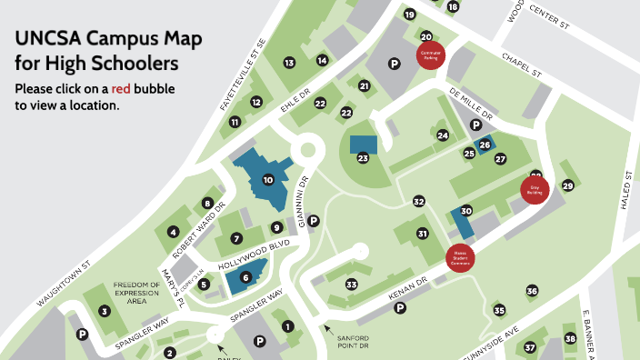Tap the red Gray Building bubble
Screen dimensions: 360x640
coord(535,189)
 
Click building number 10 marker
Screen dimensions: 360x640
coord(267,180)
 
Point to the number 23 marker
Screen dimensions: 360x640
coord(363,158)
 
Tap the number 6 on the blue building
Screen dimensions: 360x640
coord(245,276)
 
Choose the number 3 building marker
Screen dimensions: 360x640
coord(105,311)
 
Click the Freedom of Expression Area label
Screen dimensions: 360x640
coord(136,293)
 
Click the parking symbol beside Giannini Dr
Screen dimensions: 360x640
coord(314,221)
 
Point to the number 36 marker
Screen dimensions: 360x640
coord(532,291)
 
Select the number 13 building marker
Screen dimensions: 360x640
coord(289,63)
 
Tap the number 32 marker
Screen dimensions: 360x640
coord(418,201)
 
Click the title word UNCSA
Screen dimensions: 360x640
coord(50,40)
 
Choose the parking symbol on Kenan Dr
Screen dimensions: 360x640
coord(399,307)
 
